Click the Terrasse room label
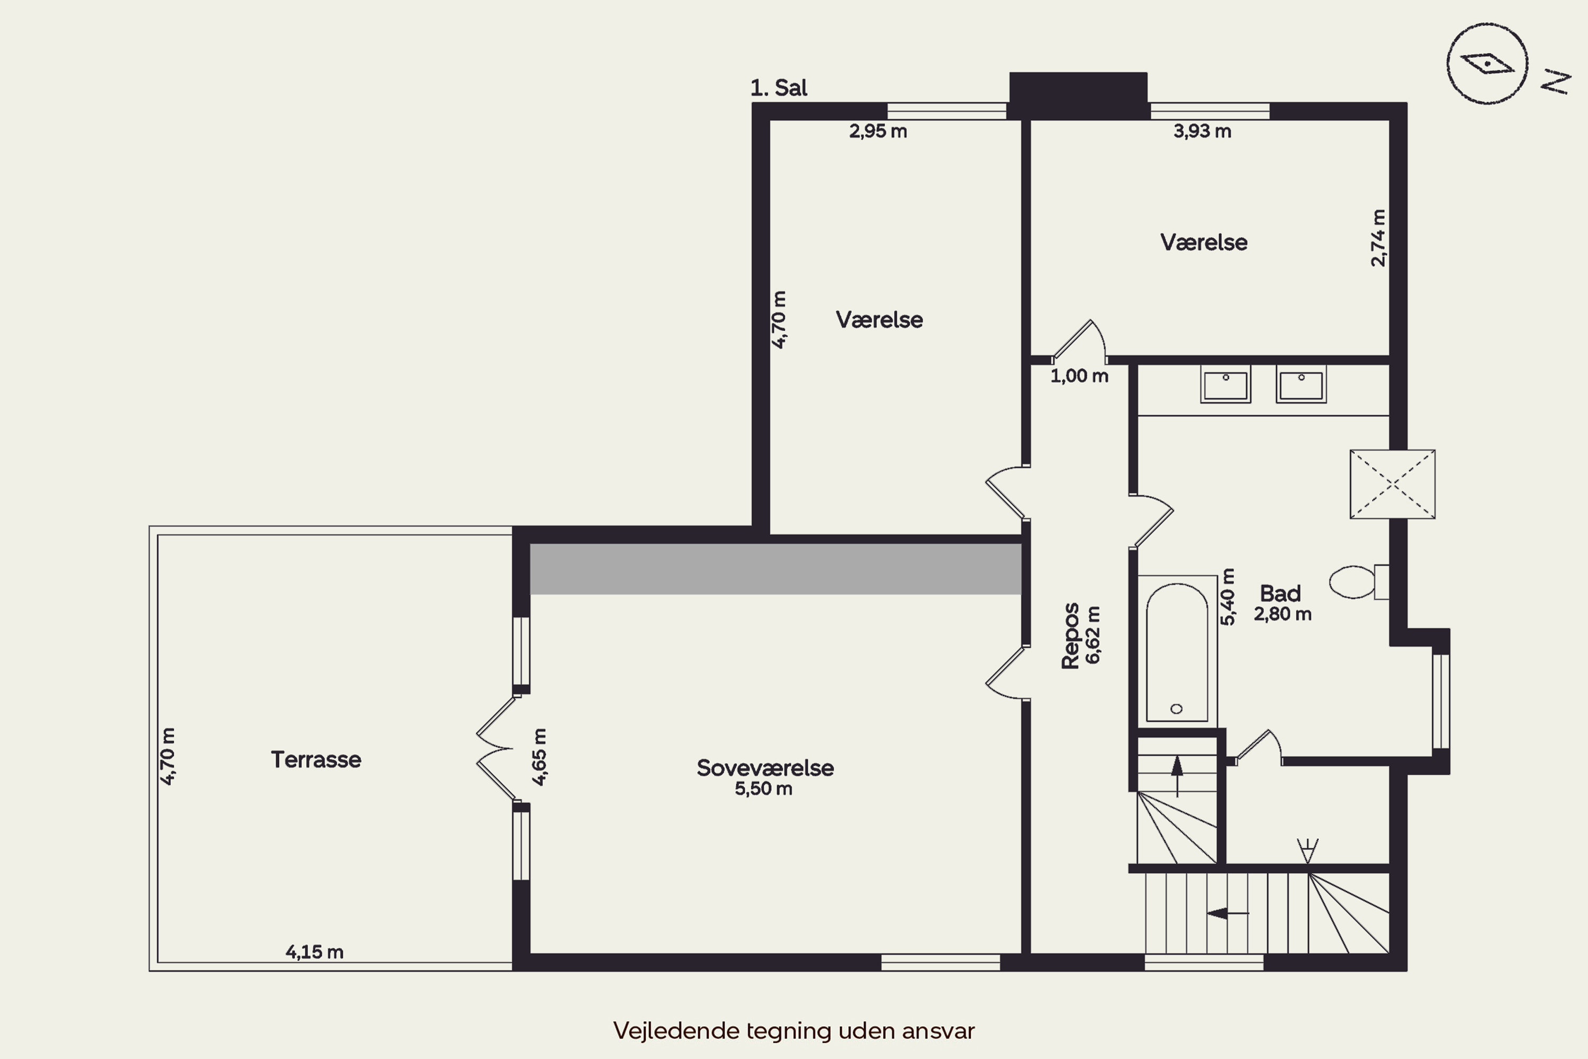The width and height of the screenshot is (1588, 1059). click(x=316, y=759)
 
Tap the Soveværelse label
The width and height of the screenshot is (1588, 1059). click(x=765, y=768)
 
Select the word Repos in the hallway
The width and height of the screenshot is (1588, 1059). click(x=1070, y=635)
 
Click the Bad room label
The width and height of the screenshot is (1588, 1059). click(x=1280, y=594)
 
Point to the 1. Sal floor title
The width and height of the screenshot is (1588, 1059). click(x=779, y=88)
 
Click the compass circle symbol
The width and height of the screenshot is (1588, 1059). click(x=1487, y=64)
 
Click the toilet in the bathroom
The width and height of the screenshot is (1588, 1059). click(x=1358, y=581)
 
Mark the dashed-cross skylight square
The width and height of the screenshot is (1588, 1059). click(x=1392, y=484)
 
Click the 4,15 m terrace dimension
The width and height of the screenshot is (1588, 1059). click(x=314, y=952)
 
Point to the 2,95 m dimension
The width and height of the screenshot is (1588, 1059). click(x=878, y=131)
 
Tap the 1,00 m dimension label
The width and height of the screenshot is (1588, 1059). click(x=1079, y=376)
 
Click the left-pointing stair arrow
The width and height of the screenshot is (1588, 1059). click(x=1228, y=913)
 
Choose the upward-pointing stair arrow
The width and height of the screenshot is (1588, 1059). click(x=1177, y=776)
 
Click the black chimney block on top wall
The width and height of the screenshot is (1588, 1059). click(x=1078, y=95)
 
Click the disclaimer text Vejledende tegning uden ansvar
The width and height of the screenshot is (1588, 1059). click(x=794, y=1030)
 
